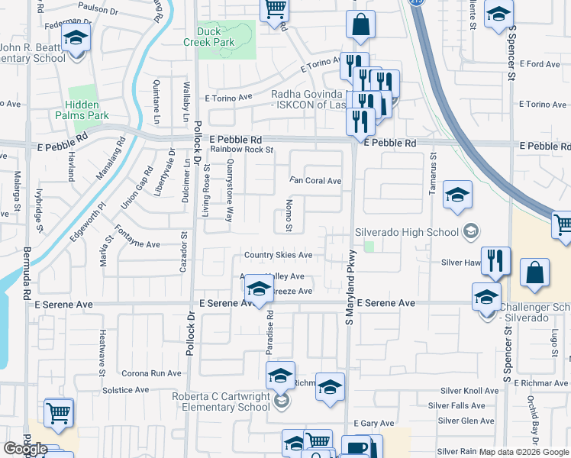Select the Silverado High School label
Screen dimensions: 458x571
[x=407, y=231]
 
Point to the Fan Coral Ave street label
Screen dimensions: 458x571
[x=315, y=181]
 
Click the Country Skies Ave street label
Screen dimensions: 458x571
[x=278, y=255]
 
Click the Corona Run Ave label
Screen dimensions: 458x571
[x=153, y=373]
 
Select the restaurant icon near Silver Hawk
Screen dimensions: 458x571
[x=495, y=262]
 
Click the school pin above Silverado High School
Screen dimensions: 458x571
[x=457, y=197]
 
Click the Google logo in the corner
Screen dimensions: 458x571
[x=25, y=449]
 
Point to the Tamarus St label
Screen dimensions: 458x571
[x=432, y=172]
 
